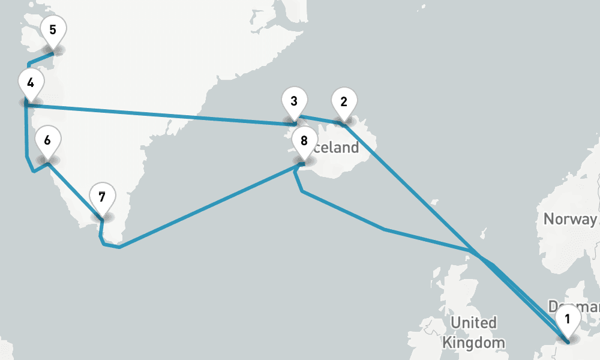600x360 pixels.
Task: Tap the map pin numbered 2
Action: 344,102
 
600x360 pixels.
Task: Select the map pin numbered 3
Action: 294,101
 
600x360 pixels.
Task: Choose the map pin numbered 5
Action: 53,30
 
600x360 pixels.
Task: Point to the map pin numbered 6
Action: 47,142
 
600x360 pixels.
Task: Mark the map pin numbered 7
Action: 102,198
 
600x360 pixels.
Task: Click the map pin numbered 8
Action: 304,142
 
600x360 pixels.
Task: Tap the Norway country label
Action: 569,218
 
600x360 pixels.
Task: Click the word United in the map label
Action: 473,323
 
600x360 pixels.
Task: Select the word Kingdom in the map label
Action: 473,343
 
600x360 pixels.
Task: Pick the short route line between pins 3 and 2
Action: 321,119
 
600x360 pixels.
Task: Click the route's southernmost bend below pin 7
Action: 119,247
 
